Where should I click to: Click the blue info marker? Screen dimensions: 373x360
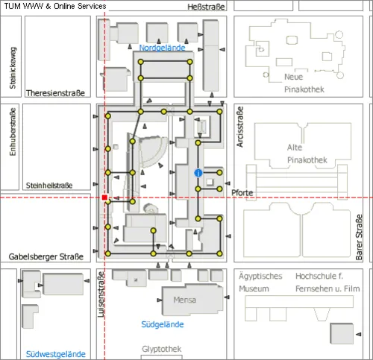tap(198, 173)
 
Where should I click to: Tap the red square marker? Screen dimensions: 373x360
tap(104, 198)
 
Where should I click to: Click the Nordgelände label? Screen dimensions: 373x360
tap(162, 48)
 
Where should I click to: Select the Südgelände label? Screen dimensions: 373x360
tap(163, 324)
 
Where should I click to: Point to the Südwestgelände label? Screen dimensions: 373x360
tap(56, 354)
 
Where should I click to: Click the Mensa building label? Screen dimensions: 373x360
tap(185, 300)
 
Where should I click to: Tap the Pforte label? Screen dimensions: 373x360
tap(242, 192)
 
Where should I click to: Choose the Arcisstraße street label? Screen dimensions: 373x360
tap(239, 127)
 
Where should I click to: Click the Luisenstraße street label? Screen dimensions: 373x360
tap(101, 294)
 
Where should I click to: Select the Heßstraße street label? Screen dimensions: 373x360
tap(206, 7)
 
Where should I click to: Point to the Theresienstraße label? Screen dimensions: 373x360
tap(55, 93)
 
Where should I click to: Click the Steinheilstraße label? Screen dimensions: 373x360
tap(49, 186)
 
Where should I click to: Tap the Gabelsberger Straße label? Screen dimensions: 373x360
tap(46, 256)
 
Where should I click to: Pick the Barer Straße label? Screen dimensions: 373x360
tap(359, 237)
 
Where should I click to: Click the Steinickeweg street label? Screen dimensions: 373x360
tap(13, 68)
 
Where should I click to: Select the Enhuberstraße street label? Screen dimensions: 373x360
tap(13, 132)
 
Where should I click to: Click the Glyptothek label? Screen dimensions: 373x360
tap(162, 349)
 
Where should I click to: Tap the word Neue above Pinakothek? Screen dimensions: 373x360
tap(293, 77)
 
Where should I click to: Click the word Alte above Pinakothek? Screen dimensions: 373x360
tap(295, 148)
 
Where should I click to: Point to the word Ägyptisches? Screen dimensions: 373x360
tap(260, 276)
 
